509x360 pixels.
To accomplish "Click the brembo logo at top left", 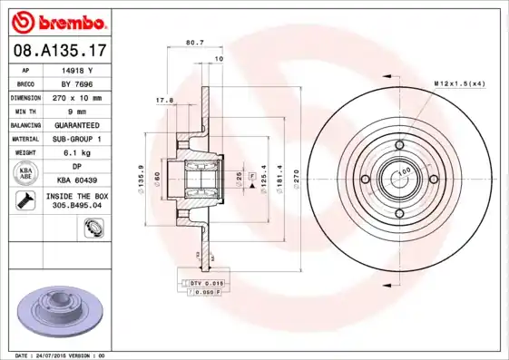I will tap(57, 21).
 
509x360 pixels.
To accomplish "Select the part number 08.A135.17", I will tap(57, 52).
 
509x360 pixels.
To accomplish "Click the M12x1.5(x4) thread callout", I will tap(459, 83).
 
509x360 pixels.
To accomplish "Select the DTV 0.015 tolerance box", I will tap(205, 283).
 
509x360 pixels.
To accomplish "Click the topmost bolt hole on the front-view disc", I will tap(399, 144).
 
